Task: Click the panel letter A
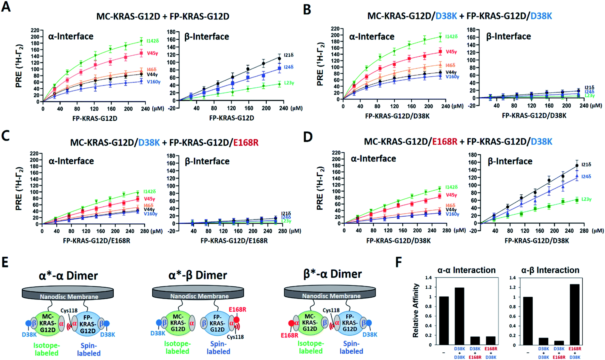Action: tap(6, 7)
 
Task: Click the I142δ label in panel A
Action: tap(153, 41)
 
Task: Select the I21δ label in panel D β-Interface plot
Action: tap(586, 164)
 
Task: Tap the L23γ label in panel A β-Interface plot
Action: tap(289, 83)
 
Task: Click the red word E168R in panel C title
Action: tap(246, 142)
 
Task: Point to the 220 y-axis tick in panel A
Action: tap(35, 30)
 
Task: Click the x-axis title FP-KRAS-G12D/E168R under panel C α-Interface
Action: tap(96, 241)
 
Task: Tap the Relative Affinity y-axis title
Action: tap(415, 310)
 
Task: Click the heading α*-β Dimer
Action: tap(198, 275)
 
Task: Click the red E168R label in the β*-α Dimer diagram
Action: tap(289, 335)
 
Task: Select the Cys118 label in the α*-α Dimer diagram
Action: tap(69, 310)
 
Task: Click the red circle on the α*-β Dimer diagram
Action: tap(237, 320)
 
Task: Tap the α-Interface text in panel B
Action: tap(372, 36)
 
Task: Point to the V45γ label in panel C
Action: tap(149, 199)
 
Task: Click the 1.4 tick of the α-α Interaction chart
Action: tap(429, 278)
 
